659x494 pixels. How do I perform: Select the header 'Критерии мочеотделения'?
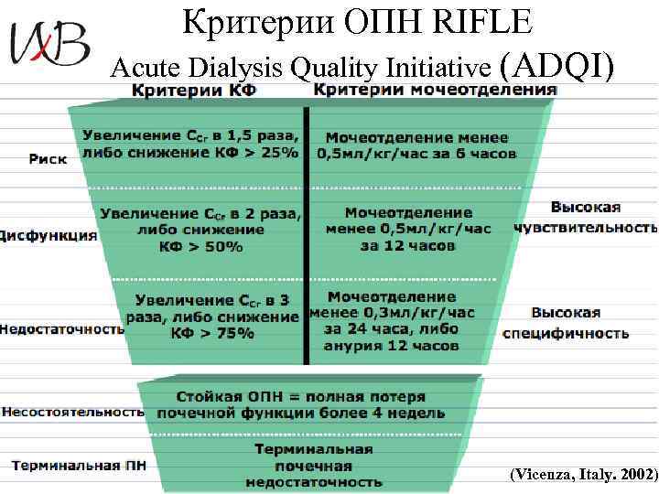pyautogui.click(x=435, y=90)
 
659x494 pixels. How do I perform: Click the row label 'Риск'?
pyautogui.click(x=48, y=158)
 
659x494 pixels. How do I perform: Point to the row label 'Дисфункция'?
pyautogui.click(x=48, y=235)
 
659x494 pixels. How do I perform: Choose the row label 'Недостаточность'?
pyautogui.click(x=61, y=328)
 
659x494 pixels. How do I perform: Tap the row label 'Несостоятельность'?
pyautogui.click(x=72, y=412)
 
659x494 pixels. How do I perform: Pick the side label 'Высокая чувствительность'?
pyautogui.click(x=585, y=217)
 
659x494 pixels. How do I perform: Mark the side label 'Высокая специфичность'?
pyautogui.click(x=566, y=323)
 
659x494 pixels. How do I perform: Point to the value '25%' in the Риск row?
pyautogui.click(x=279, y=153)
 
